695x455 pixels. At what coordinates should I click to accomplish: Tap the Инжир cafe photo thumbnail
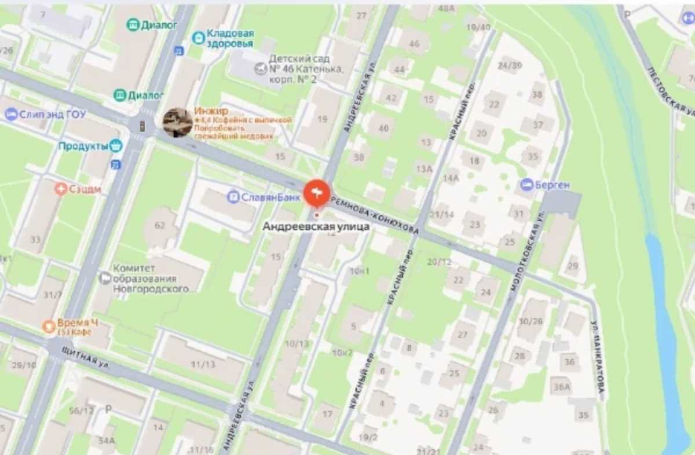[177, 122]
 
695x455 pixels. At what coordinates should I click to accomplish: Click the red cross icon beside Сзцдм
[60, 189]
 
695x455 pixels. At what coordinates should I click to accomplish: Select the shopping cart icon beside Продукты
[116, 145]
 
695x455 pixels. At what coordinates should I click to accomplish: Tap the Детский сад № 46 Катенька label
[301, 69]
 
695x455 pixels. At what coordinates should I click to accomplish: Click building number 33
[36, 239]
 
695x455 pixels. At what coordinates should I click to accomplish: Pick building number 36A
[561, 387]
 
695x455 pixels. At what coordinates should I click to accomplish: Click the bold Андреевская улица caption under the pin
[316, 227]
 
